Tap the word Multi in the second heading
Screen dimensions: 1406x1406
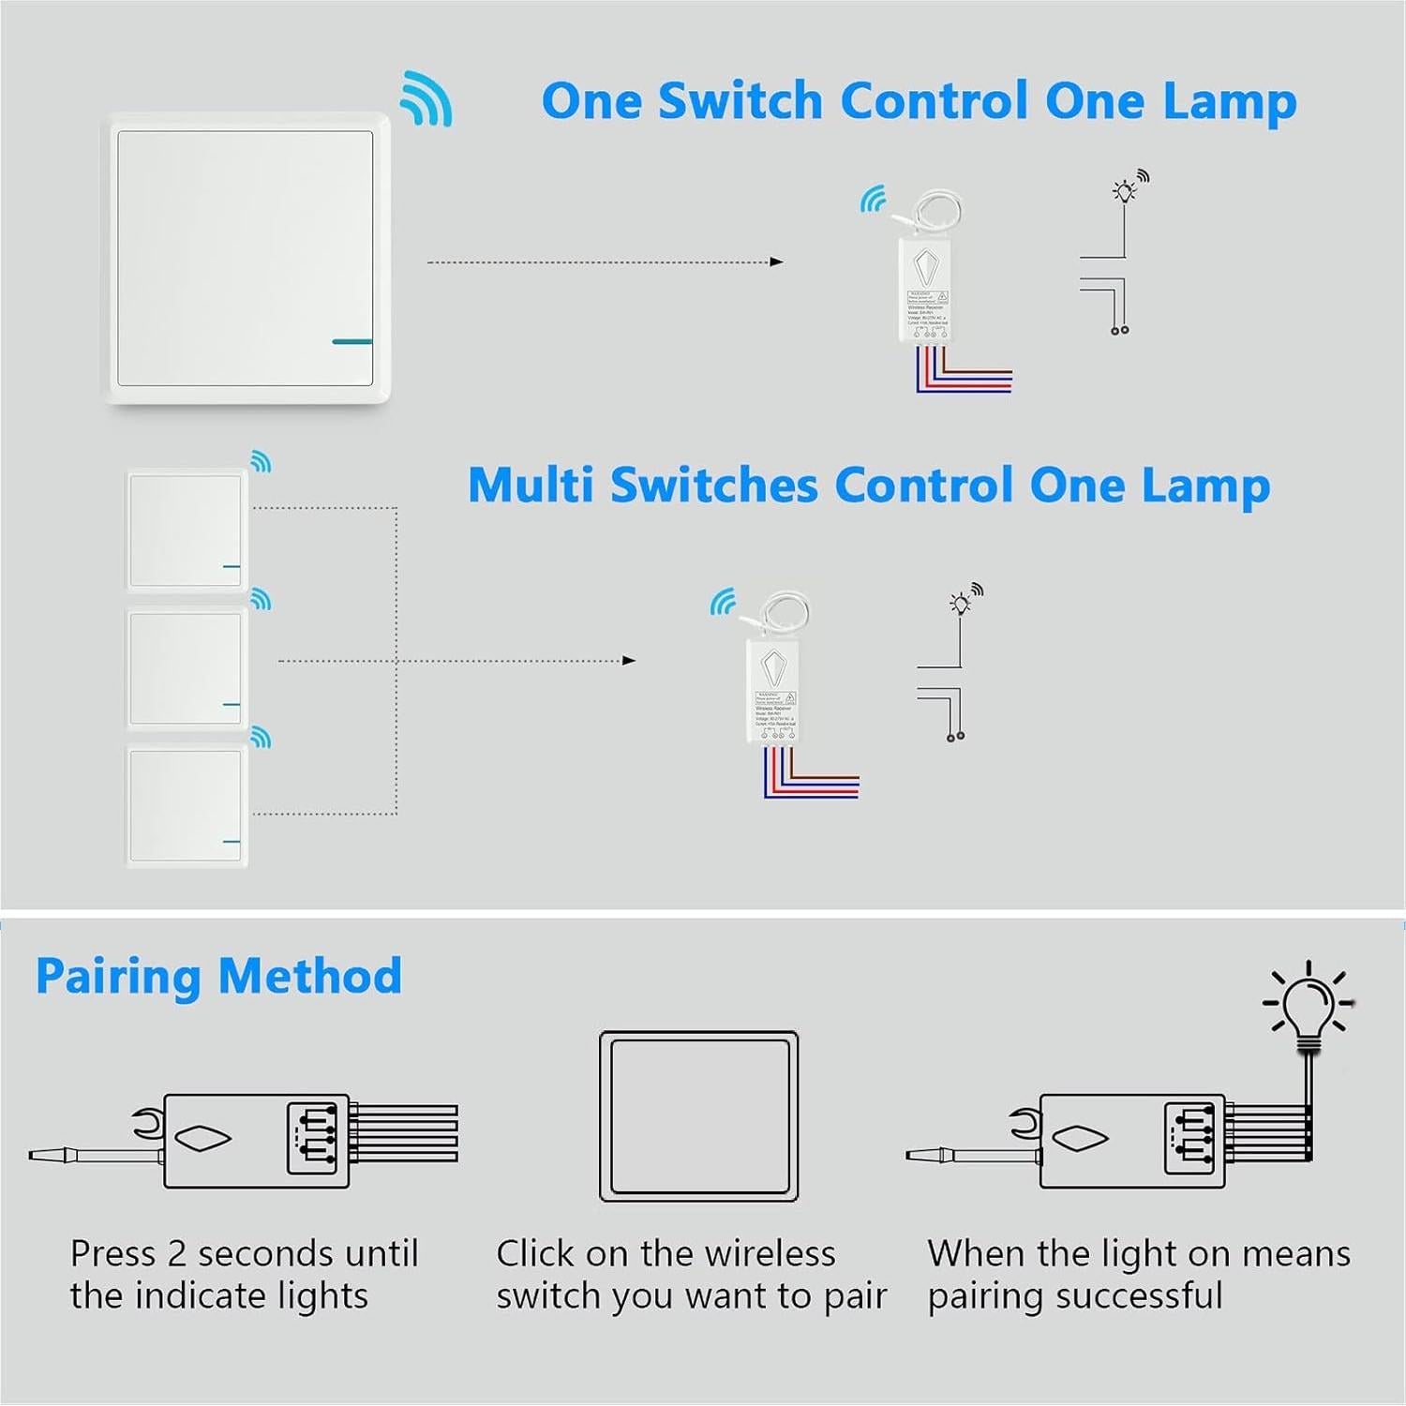530,486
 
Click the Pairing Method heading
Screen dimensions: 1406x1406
218,976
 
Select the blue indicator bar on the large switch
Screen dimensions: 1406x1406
351,341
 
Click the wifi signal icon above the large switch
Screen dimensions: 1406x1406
426,97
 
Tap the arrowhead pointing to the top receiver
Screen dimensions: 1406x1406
776,262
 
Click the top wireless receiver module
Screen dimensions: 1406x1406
925,291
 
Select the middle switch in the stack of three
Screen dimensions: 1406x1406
186,668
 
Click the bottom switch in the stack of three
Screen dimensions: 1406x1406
186,805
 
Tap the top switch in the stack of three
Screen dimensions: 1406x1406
186,530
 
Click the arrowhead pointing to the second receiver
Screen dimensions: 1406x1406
630,661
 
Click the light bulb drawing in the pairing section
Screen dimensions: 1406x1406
1309,1008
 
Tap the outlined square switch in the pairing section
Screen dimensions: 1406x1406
698,1116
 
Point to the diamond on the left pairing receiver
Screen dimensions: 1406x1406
204,1139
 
